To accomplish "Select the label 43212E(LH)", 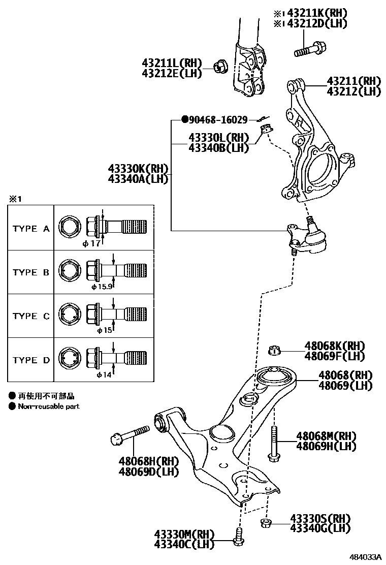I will click(x=172, y=73).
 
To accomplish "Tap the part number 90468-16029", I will click(x=218, y=120).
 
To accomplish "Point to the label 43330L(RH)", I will click(x=218, y=138).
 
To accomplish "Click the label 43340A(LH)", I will click(x=138, y=178).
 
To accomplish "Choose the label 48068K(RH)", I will click(x=335, y=346).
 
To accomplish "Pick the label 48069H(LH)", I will click(x=326, y=446).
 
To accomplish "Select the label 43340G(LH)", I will click(x=320, y=528).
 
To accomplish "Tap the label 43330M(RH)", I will click(x=184, y=534).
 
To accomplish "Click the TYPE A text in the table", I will click(x=31, y=229).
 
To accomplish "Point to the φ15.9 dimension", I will click(x=101, y=287).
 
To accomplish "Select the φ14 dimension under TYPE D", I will click(x=104, y=375).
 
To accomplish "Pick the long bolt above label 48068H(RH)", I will click(x=129, y=435).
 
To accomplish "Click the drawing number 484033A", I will click(x=365, y=556).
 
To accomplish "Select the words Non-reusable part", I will click(x=49, y=406).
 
